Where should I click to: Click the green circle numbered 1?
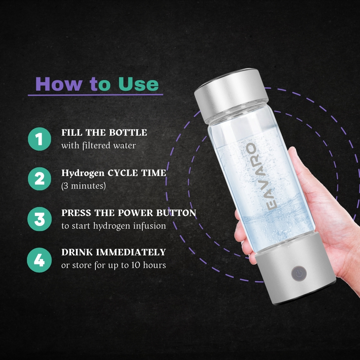(x=39, y=139)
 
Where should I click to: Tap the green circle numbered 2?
(x=39, y=179)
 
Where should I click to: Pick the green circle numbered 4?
(x=39, y=260)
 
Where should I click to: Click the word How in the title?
(x=58, y=84)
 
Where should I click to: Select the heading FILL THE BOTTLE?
(x=104, y=133)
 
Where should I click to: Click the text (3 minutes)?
(x=83, y=186)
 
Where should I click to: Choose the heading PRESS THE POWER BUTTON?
(x=129, y=213)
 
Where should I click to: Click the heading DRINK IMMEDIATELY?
(x=113, y=252)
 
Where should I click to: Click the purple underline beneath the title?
(x=95, y=95)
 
